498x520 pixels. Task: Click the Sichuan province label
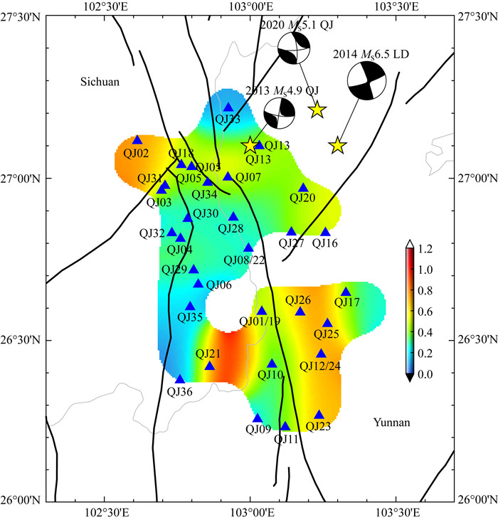tap(100, 83)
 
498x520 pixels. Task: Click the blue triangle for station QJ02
tap(137, 140)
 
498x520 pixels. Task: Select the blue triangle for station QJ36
tap(180, 379)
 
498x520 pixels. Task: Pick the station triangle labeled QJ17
tap(346, 292)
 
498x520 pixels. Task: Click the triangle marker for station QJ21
tap(210, 366)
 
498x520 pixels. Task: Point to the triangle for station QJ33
tap(228, 107)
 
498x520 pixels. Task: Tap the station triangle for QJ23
tap(319, 415)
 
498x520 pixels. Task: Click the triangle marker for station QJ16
tap(325, 232)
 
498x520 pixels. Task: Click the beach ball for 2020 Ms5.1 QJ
tap(293, 50)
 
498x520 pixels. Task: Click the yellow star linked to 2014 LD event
tap(337, 146)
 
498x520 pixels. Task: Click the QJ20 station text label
tap(302, 198)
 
